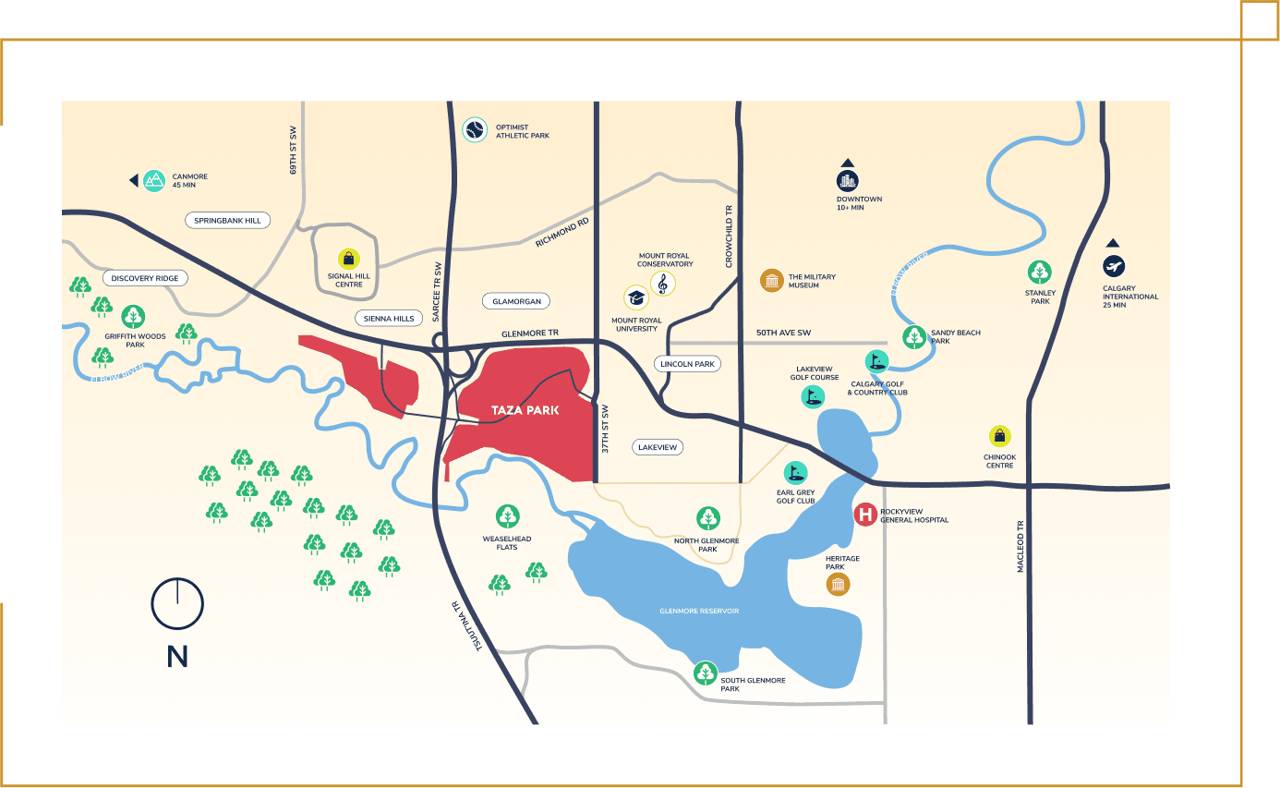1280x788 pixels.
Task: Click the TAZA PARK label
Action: click(x=525, y=410)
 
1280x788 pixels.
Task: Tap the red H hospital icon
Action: click(x=865, y=515)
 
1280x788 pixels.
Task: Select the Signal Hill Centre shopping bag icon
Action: click(x=348, y=259)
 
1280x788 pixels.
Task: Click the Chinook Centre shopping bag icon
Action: click(x=999, y=437)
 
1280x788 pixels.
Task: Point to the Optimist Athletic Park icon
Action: click(x=474, y=129)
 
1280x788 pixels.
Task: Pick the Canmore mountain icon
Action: click(x=154, y=180)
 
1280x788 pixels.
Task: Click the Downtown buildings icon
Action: click(x=847, y=180)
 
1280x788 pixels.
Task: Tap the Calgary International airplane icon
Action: click(x=1114, y=267)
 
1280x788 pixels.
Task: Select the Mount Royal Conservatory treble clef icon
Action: click(x=662, y=283)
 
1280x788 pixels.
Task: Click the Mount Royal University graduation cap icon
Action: click(x=635, y=297)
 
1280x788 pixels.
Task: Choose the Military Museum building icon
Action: click(x=771, y=281)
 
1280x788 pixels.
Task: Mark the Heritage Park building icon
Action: click(x=838, y=584)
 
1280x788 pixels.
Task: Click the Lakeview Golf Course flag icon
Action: click(x=813, y=397)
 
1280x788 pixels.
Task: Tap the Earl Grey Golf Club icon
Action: click(x=795, y=473)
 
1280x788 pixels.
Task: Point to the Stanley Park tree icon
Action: click(x=1040, y=273)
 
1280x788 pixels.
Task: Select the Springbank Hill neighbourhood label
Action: click(x=227, y=220)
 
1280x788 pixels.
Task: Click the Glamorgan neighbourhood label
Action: click(x=516, y=301)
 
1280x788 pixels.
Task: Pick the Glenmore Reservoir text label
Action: click(x=699, y=612)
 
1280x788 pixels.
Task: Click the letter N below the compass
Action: click(x=177, y=657)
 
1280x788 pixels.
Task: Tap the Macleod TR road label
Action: click(x=1020, y=546)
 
